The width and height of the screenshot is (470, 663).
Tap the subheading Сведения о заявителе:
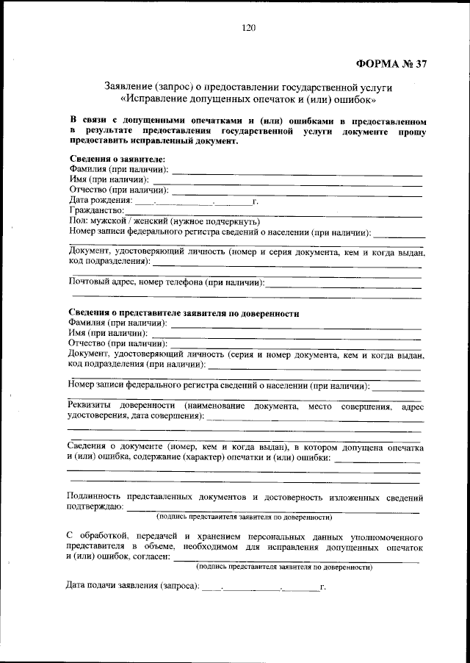tap(117, 159)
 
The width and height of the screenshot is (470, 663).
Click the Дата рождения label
tap(101, 199)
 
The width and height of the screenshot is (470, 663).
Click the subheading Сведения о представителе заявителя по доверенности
tap(184, 312)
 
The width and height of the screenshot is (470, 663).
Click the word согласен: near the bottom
tap(150, 558)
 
